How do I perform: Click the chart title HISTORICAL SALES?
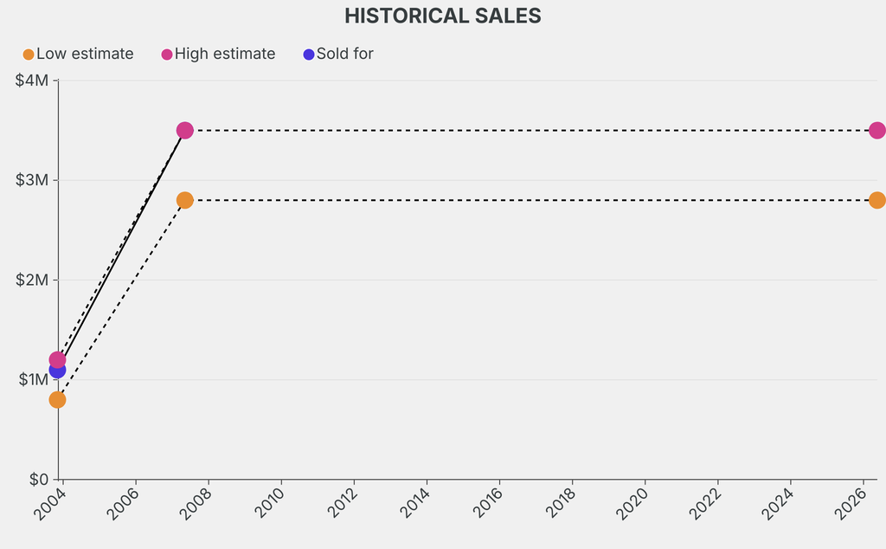click(x=442, y=16)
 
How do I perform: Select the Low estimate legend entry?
click(x=78, y=54)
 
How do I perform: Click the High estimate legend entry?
click(x=218, y=54)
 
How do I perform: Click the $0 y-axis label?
click(x=39, y=479)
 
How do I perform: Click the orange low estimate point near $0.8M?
click(x=57, y=399)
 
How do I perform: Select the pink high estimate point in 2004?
click(x=58, y=358)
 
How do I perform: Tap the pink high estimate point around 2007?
click(x=184, y=130)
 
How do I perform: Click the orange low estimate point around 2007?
click(x=184, y=200)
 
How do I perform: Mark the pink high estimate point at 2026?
click(x=876, y=130)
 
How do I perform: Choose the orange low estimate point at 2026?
click(x=876, y=200)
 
